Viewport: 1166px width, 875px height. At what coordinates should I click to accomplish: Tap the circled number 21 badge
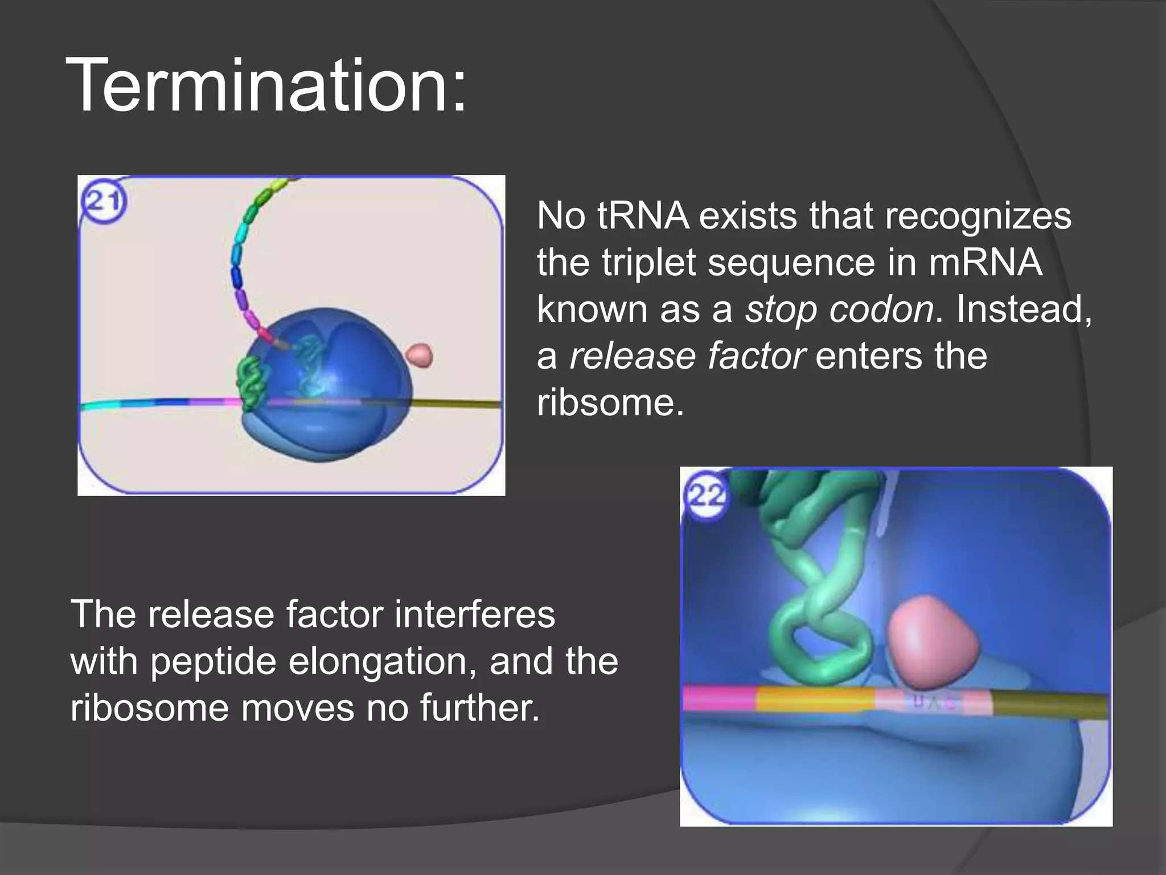[104, 201]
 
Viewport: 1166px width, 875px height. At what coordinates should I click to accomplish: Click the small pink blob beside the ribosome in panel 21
[420, 355]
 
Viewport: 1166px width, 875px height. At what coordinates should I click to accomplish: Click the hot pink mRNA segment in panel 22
[719, 699]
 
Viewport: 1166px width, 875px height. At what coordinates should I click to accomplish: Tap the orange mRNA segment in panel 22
[814, 700]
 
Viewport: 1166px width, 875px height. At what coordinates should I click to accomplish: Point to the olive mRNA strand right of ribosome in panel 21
[455, 404]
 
